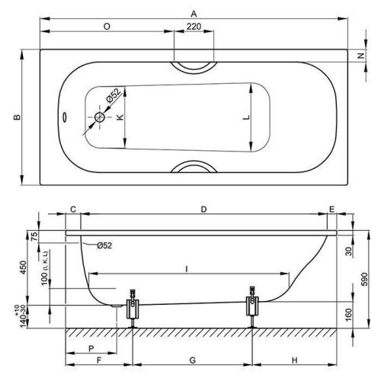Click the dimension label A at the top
coord(194,14)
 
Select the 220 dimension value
coord(194,27)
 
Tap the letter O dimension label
coord(107,27)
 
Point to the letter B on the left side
coord(17,117)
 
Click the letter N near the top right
coord(361,56)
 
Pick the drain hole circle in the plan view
coord(100,117)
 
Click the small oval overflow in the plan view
coord(65,117)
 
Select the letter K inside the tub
coord(120,117)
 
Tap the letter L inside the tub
coord(246,117)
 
